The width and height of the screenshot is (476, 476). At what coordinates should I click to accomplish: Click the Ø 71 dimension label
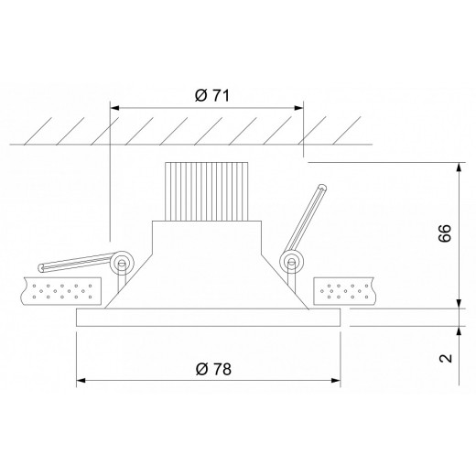pyautogui.click(x=212, y=94)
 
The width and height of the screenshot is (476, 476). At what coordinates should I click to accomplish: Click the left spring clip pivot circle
pyautogui.click(x=120, y=264)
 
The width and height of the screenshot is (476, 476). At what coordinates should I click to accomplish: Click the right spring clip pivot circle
pyautogui.click(x=291, y=263)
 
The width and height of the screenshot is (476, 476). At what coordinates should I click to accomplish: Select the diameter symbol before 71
pyautogui.click(x=200, y=94)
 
